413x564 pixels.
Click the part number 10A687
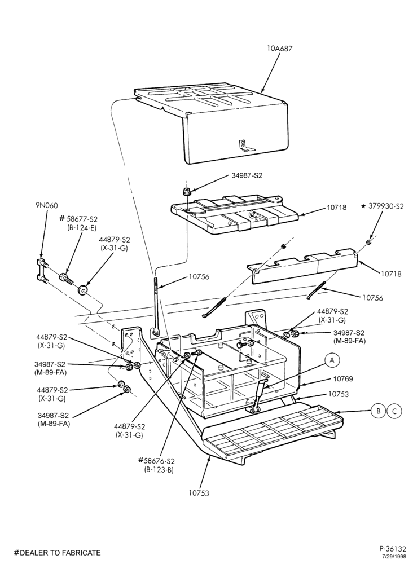pyautogui.click(x=279, y=48)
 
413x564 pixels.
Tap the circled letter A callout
pyautogui.click(x=332, y=359)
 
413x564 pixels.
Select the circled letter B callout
pyautogui.click(x=378, y=411)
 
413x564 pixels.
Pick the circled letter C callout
pyautogui.click(x=394, y=411)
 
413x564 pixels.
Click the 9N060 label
pyautogui.click(x=46, y=205)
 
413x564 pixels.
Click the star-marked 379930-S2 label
pyautogui.click(x=383, y=206)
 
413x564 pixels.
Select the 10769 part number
pyautogui.click(x=343, y=379)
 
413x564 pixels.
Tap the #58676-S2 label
pyautogui.click(x=156, y=461)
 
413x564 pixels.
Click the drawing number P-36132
pyautogui.click(x=393, y=549)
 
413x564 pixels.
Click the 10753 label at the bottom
pyautogui.click(x=199, y=493)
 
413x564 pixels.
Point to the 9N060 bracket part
pyautogui.click(x=41, y=270)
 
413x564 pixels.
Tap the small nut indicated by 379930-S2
pyautogui.click(x=369, y=242)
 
